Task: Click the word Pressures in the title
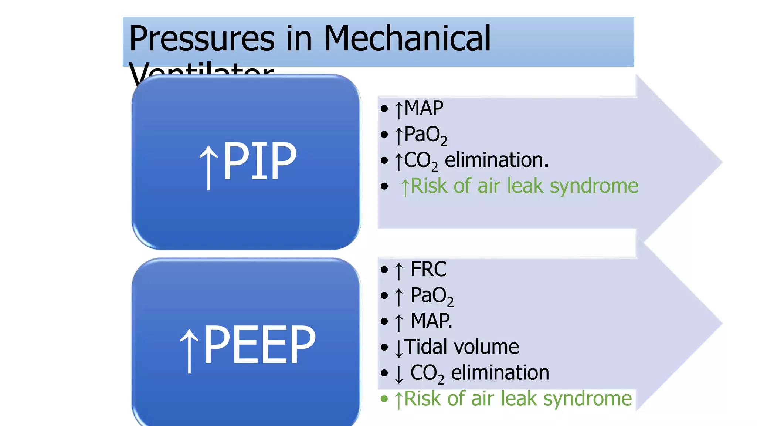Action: [x=202, y=39]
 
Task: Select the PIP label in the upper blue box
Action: [x=259, y=161]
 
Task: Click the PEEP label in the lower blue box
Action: [x=259, y=345]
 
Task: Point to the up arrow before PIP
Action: [x=209, y=166]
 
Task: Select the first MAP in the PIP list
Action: [x=424, y=108]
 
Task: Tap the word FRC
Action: [x=428, y=269]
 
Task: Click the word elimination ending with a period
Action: [x=496, y=160]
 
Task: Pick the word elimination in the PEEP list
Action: [x=500, y=372]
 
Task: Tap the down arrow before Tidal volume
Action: [x=398, y=348]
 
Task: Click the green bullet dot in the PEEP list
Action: [x=384, y=399]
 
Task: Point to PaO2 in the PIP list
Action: [x=425, y=135]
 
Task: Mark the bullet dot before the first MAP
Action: [x=384, y=109]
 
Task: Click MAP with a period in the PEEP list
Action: [x=431, y=321]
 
